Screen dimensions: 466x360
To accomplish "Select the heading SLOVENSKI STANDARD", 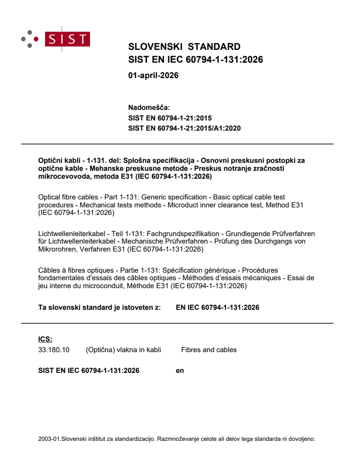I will [x=184, y=47].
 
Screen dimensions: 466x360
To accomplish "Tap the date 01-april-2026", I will [x=153, y=75].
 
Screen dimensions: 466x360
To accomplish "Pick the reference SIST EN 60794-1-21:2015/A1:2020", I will [x=184, y=128].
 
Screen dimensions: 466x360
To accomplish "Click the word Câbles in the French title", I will [x=49, y=270].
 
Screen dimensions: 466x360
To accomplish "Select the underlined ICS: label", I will [x=45, y=339].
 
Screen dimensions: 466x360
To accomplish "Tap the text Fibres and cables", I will [x=209, y=350].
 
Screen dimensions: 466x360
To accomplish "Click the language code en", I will [x=180, y=371].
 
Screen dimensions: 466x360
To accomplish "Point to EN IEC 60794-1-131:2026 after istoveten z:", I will [x=217, y=307].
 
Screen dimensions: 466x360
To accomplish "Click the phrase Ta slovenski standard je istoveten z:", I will [x=99, y=307].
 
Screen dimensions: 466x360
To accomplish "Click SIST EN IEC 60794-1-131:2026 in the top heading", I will [x=195, y=60].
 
